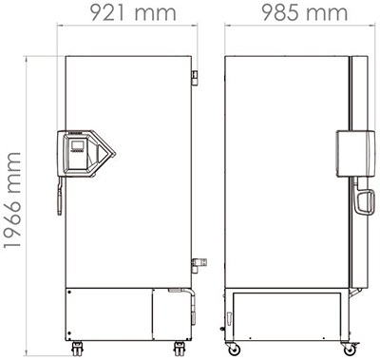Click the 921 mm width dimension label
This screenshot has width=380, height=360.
pos(133,12)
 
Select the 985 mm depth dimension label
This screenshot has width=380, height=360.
pos(305,12)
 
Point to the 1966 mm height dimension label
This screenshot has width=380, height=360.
pos(12,200)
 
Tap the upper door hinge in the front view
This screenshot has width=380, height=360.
pos(195,78)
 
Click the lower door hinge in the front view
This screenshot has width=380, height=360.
pos(199,265)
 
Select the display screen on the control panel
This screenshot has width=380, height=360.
pos(78,145)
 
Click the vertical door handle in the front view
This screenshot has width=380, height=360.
pos(60,197)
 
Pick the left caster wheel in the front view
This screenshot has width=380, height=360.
pos(77,350)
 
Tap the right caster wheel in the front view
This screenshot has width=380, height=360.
pos(180,350)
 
